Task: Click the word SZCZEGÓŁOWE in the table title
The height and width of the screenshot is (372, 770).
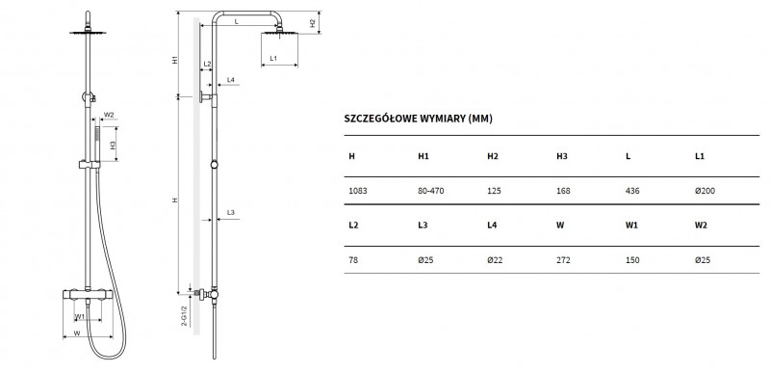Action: coord(383,119)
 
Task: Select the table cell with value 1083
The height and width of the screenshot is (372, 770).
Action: coord(357,190)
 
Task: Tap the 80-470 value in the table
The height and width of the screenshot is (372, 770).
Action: coord(432,190)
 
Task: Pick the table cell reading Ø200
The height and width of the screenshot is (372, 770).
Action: coord(705,190)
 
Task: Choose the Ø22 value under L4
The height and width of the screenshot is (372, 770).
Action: coord(496,258)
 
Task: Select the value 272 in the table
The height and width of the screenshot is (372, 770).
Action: coord(563,258)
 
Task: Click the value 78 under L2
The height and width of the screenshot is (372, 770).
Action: coord(352,258)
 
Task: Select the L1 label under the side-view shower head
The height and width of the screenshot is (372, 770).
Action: coord(273,59)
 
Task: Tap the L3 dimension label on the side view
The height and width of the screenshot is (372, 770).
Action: coord(231,211)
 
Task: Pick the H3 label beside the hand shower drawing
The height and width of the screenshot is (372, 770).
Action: coord(113,146)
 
